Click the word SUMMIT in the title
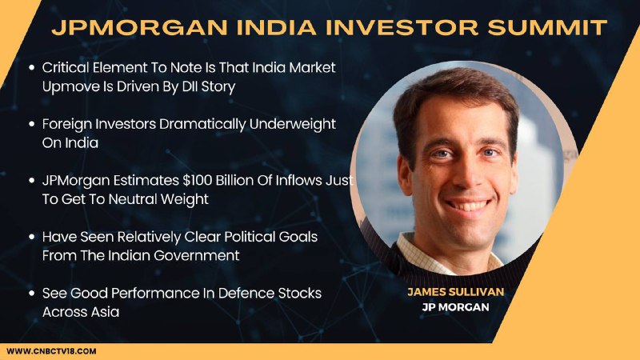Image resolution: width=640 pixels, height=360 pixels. tap(547, 27)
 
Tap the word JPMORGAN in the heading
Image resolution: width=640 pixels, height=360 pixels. tap(139, 27)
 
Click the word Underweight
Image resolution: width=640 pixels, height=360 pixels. tap(292, 124)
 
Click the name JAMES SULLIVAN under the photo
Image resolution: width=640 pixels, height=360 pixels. tap(455, 292)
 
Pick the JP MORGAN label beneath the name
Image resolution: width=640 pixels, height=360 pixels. tap(455, 307)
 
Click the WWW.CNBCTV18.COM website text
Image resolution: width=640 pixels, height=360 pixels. tap(51, 351)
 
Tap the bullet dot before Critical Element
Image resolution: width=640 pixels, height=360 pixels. tap(31, 68)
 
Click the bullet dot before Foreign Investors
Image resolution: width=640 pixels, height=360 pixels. tap(31, 124)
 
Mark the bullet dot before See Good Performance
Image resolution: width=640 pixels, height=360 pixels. tap(31, 293)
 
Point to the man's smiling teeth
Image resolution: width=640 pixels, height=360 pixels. tap(468, 205)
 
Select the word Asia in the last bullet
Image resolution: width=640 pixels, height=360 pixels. tap(105, 311)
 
